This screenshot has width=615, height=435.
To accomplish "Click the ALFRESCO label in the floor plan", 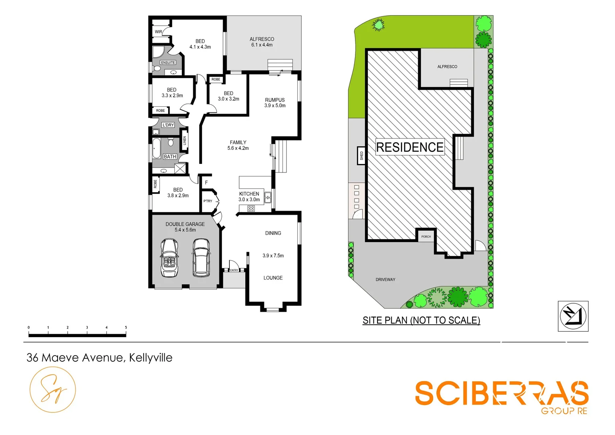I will (x=262, y=39).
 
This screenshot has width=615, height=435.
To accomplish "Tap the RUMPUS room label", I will (x=275, y=100).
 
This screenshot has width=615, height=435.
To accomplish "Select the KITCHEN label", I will (x=249, y=194).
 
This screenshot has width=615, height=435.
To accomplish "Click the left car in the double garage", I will (x=169, y=258).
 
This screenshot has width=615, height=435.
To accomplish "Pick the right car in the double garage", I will (x=201, y=258).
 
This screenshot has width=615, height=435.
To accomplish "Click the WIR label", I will (x=159, y=32).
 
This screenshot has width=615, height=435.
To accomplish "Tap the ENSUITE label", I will (x=168, y=62).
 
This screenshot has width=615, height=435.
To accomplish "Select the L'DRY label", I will (x=168, y=125).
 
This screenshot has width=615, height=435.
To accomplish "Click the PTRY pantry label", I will (x=208, y=201).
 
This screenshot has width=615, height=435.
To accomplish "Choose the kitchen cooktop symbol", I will (x=251, y=208).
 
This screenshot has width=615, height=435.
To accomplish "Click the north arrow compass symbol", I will (x=573, y=316).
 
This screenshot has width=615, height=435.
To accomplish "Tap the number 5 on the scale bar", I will (x=126, y=327).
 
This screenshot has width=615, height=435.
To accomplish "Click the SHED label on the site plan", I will (x=361, y=155).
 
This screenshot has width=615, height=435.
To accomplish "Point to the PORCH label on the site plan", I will (x=426, y=237).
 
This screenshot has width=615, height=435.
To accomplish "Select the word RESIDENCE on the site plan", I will (x=410, y=147).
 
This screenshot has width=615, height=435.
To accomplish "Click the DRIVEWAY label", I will (x=385, y=280).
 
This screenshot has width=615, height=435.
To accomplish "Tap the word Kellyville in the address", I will (x=151, y=358).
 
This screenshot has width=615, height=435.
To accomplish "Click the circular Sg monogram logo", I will (x=53, y=389).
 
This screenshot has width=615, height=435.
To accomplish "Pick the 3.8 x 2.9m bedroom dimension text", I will (x=178, y=196).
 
